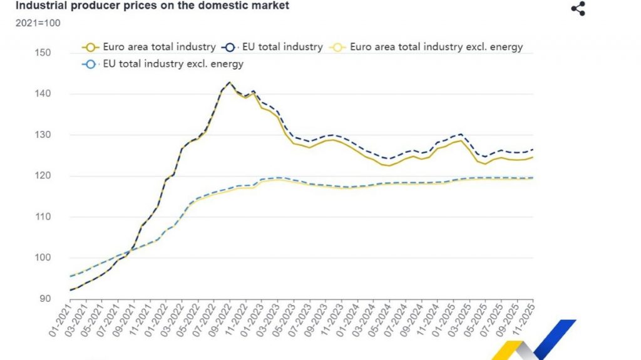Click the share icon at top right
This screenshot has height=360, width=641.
click(578, 9)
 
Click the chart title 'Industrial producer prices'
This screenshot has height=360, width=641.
click(152, 6)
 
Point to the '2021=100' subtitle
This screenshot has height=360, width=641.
click(38, 23)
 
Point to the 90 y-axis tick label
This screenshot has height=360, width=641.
click(44, 299)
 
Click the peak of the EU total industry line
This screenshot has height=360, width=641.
click(229, 82)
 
